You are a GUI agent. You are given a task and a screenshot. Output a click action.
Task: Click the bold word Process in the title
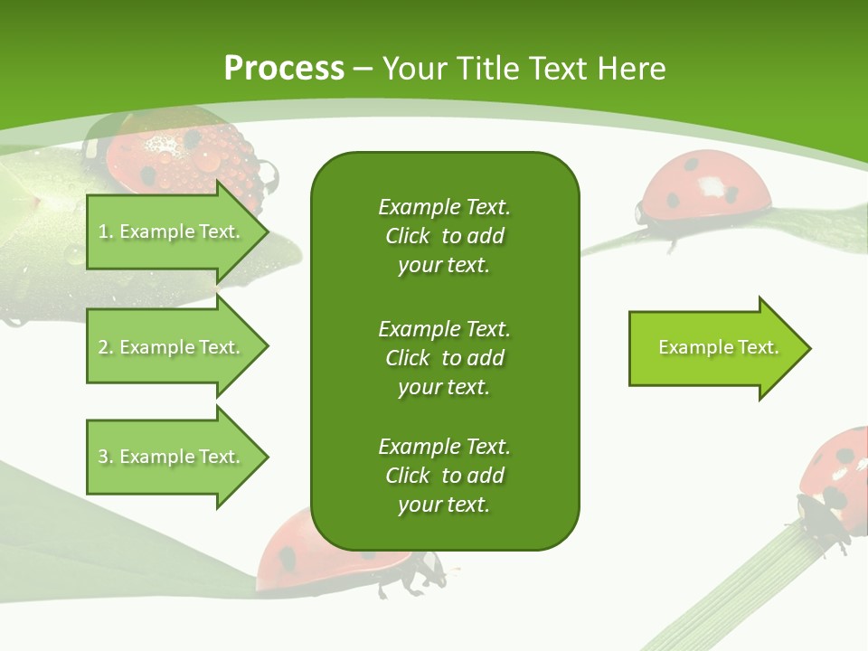(x=284, y=69)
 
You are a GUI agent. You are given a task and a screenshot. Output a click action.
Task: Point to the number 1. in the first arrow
(x=106, y=231)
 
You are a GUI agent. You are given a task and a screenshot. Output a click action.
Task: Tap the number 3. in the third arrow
(x=106, y=457)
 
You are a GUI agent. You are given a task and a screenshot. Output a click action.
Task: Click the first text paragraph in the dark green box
(x=444, y=236)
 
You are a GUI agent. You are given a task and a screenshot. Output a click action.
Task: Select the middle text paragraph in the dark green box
(x=444, y=357)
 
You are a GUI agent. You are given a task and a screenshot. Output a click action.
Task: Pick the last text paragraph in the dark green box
(x=444, y=476)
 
